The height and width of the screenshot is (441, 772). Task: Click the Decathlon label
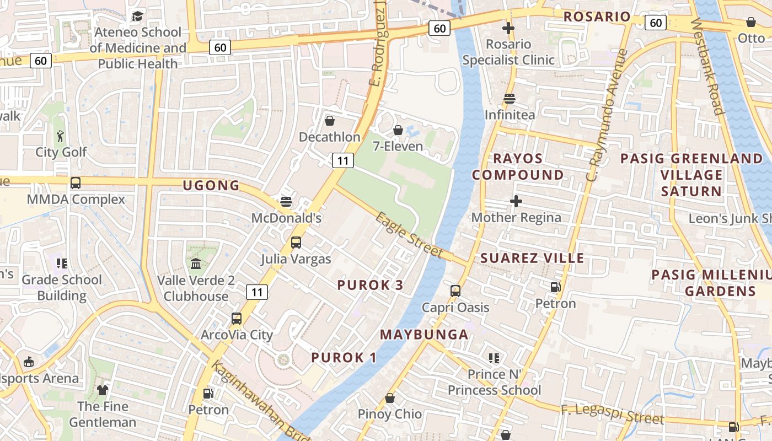(x=329, y=137)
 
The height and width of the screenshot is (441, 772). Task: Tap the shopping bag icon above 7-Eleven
(x=398, y=130)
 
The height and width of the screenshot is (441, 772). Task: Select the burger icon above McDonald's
(x=286, y=201)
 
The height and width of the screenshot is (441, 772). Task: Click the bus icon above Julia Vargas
(x=296, y=242)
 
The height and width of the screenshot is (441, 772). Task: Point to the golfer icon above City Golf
(x=61, y=136)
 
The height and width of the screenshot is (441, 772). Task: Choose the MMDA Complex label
(x=76, y=199)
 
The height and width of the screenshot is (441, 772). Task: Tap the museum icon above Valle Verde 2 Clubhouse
(x=196, y=264)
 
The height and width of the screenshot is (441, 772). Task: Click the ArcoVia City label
(x=237, y=335)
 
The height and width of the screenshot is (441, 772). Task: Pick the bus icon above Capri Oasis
(x=455, y=291)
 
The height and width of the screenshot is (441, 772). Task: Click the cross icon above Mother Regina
(x=516, y=201)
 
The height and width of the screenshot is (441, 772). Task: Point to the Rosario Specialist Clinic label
(x=508, y=52)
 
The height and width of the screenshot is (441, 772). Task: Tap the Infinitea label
(x=510, y=115)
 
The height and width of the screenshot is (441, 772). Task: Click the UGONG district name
(x=211, y=186)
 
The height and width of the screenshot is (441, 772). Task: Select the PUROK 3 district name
(x=370, y=285)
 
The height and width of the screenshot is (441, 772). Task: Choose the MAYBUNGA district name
(x=424, y=335)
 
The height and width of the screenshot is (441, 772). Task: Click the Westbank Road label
(x=706, y=66)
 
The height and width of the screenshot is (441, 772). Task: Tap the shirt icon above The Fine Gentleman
(x=103, y=390)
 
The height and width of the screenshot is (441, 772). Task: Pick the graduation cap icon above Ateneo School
(x=137, y=17)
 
